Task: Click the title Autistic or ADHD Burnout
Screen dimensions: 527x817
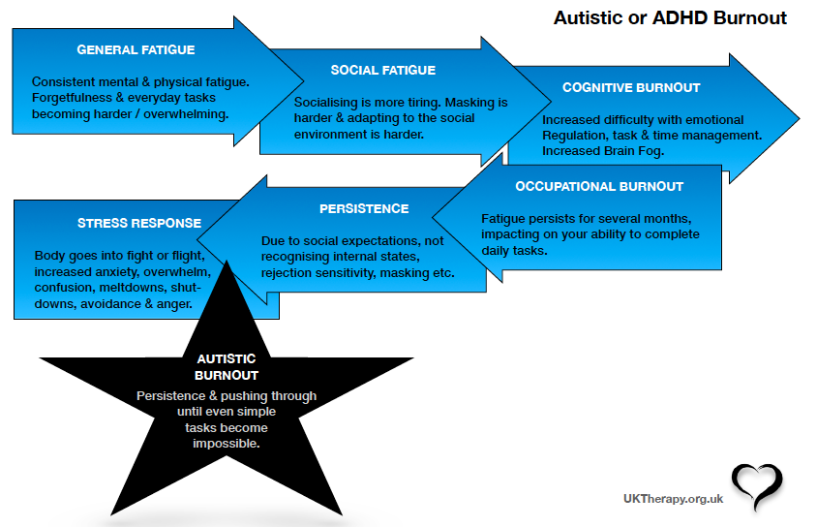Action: tap(670, 18)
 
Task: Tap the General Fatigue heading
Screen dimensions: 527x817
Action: tap(136, 49)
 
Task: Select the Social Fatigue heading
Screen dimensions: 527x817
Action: tap(382, 70)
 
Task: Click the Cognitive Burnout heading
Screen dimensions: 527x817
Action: tap(631, 88)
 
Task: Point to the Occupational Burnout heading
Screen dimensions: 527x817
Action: tap(599, 186)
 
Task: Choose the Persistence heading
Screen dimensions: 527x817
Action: tap(364, 208)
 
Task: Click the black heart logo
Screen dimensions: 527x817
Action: tap(757, 486)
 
